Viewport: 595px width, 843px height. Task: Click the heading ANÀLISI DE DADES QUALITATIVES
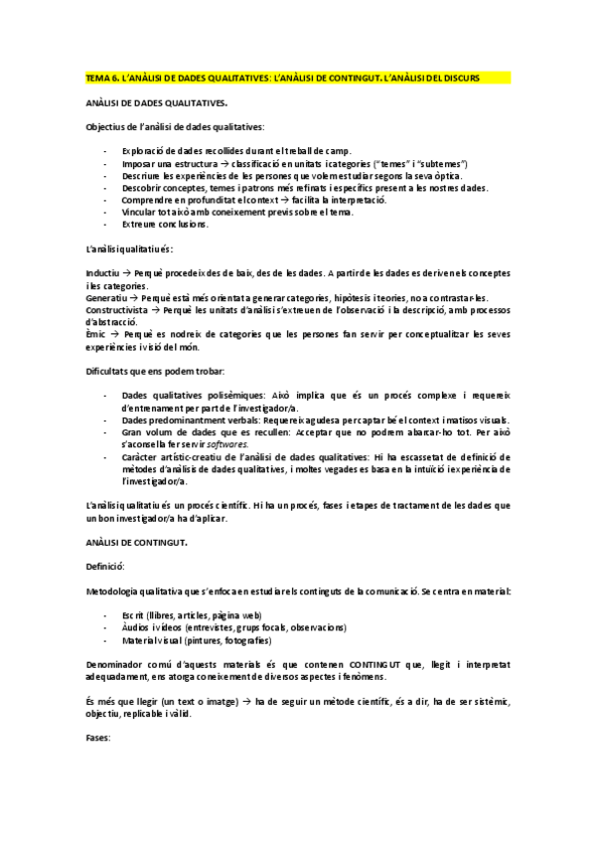tap(156, 102)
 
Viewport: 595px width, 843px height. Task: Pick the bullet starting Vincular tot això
tap(235, 212)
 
